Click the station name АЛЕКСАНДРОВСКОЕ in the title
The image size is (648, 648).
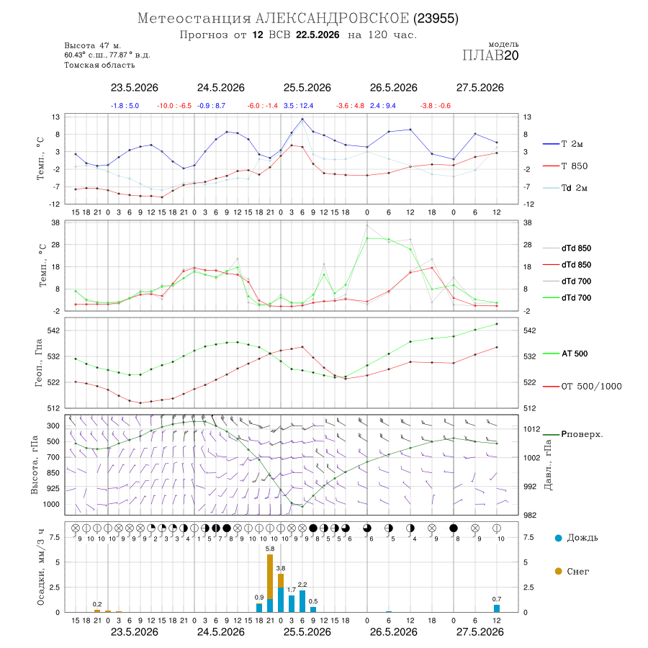click(x=332, y=19)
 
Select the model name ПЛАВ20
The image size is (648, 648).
click(x=490, y=55)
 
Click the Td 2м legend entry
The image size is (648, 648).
click(x=565, y=188)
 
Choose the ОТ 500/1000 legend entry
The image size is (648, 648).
click(x=582, y=387)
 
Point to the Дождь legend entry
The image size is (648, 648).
click(x=577, y=538)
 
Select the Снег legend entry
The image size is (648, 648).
click(x=572, y=572)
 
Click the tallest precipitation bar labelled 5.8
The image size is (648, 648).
click(x=270, y=583)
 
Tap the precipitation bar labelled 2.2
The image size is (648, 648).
click(x=302, y=601)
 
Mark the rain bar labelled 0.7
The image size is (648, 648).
click(x=497, y=608)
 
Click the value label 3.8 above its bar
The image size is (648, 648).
click(x=281, y=568)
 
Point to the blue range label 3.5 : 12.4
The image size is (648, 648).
click(x=298, y=106)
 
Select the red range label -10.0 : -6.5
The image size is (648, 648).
click(x=174, y=106)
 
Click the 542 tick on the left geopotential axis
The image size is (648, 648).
click(x=53, y=330)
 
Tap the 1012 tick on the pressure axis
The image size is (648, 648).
click(x=531, y=429)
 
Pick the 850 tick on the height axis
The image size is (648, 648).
click(x=53, y=473)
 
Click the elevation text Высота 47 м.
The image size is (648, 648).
click(x=92, y=45)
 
